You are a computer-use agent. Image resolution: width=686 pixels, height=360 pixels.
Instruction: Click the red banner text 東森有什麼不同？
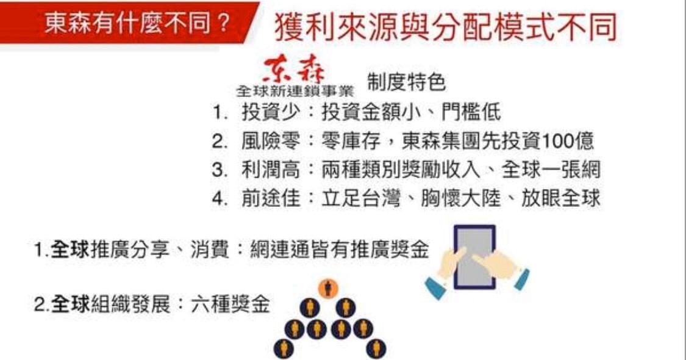(137, 23)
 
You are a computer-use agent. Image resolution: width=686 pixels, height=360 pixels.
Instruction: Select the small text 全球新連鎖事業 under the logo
(295, 91)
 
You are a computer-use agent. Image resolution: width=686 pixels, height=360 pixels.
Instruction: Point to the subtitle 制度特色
(406, 82)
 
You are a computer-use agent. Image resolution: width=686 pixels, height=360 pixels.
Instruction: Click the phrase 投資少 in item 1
(271, 112)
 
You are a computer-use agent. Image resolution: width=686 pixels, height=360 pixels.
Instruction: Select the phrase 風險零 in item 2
(271, 141)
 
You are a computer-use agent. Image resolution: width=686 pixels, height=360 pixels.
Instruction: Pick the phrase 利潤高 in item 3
(271, 170)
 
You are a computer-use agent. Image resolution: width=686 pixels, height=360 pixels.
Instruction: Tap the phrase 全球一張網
(551, 170)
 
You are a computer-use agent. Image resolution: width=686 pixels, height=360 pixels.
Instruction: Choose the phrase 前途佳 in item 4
(271, 198)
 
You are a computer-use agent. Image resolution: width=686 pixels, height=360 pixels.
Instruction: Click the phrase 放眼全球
(561, 198)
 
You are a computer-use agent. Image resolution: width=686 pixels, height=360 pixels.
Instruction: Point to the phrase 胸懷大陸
(461, 198)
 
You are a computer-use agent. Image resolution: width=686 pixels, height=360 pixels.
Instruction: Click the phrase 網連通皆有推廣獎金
(340, 250)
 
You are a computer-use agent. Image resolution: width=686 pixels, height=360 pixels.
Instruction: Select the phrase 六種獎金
(230, 303)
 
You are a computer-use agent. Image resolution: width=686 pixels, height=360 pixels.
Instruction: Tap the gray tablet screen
(475, 257)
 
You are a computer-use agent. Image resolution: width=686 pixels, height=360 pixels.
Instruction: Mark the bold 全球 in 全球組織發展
(70, 303)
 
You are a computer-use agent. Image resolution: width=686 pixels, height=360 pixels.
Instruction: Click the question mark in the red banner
(223, 23)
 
